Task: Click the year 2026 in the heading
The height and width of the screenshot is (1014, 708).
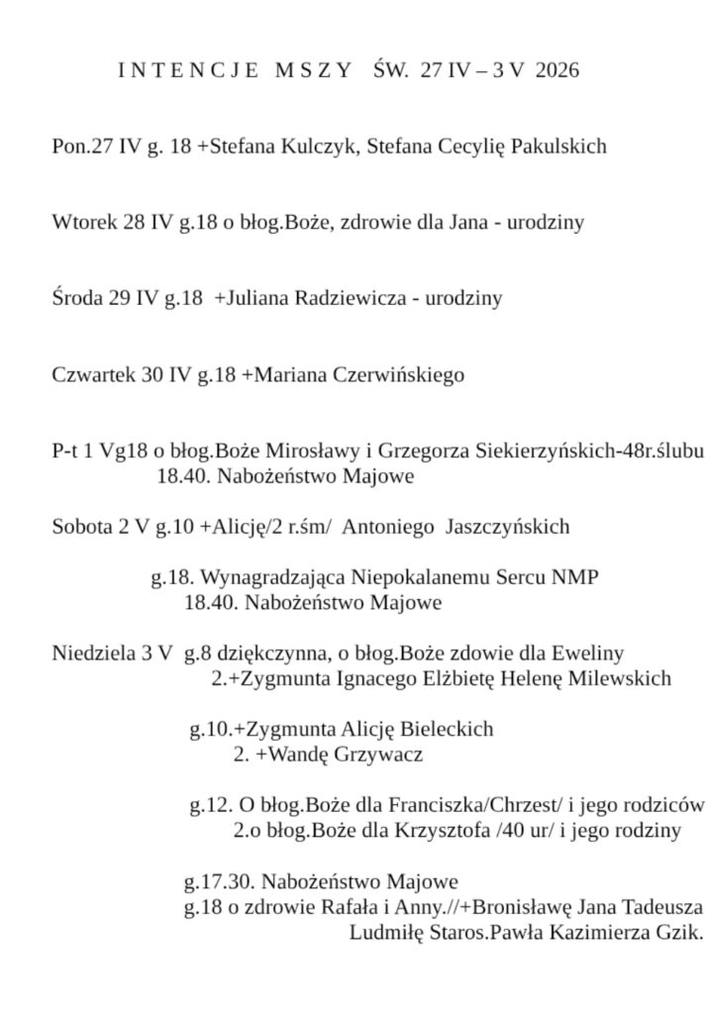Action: pos(556,70)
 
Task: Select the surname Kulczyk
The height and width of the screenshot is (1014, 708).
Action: pos(323,147)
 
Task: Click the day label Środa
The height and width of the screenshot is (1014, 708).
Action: pos(77,297)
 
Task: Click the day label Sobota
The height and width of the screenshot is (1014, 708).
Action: pos(82,528)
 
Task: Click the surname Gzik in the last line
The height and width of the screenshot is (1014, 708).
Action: pos(679,932)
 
